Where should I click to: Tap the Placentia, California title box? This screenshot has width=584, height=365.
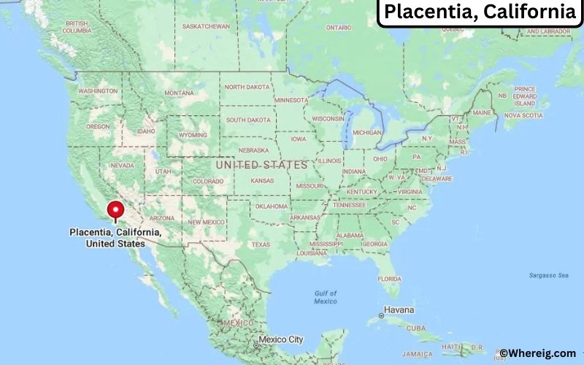(x=479, y=12)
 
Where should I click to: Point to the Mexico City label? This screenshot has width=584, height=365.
(x=280, y=339)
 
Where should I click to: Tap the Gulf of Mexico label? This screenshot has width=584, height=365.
(x=326, y=297)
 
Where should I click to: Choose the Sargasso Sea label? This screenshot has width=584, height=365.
(x=548, y=275)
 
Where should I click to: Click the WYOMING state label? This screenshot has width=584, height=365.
(x=193, y=135)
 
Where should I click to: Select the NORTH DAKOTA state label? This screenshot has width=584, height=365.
(x=247, y=87)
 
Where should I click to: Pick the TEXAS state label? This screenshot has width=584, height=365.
(x=261, y=245)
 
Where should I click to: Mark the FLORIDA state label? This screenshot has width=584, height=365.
(x=389, y=279)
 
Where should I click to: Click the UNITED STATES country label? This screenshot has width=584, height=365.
(x=262, y=165)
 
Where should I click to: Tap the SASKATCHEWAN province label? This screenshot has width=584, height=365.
(x=206, y=26)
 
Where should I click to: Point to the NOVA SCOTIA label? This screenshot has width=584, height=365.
(x=523, y=115)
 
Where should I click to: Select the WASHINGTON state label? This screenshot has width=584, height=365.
(x=98, y=91)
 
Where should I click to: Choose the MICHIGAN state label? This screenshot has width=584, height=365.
(x=366, y=133)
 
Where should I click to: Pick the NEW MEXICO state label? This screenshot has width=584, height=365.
(x=207, y=222)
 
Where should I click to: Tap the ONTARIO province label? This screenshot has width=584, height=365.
(x=338, y=28)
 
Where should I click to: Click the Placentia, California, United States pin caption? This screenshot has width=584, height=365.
(x=115, y=237)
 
